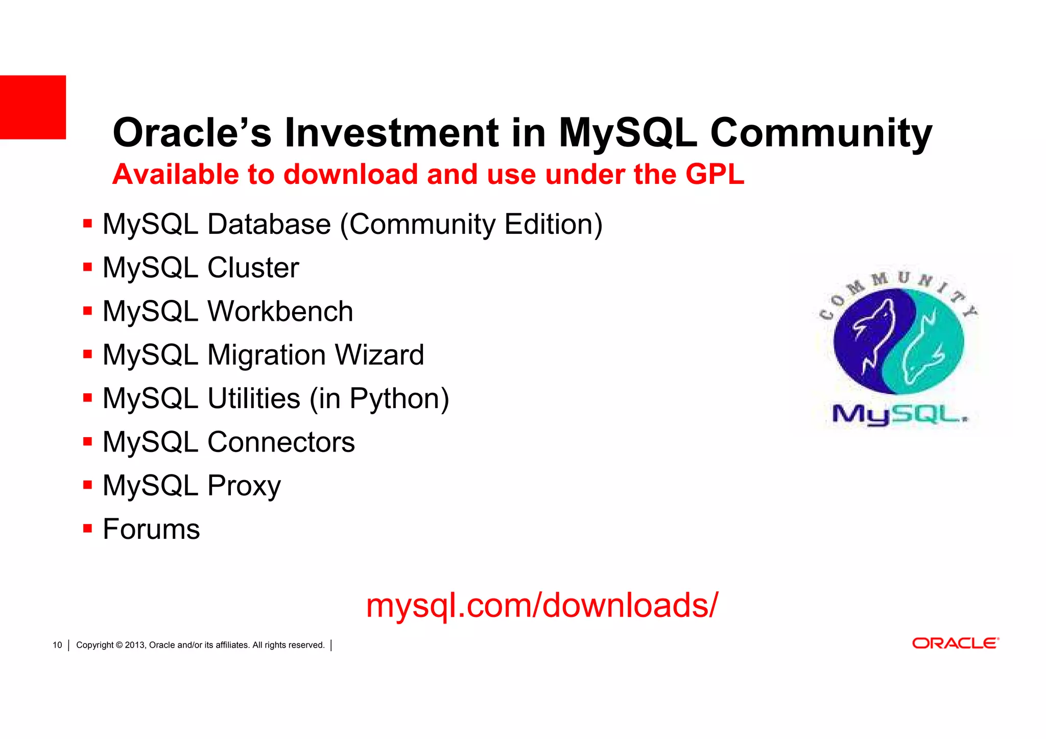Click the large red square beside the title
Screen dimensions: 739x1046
[x=33, y=107]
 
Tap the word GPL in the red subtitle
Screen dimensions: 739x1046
[x=715, y=174]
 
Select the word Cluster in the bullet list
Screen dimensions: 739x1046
[x=253, y=268]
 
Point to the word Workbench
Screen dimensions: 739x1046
[x=280, y=312]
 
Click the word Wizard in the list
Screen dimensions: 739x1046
[x=379, y=355]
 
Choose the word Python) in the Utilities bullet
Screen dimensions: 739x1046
[x=399, y=399]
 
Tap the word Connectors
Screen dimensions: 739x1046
[x=280, y=442]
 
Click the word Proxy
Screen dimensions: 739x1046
[x=244, y=486]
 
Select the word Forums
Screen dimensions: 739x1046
[x=151, y=529]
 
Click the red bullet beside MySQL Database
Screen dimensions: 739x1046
[x=87, y=223]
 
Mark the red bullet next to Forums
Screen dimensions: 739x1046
[x=87, y=528]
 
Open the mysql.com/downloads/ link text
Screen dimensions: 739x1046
[x=542, y=606]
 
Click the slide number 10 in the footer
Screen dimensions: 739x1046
[x=57, y=645]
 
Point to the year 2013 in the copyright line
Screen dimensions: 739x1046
[x=135, y=645]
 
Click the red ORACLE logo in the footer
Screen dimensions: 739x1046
[x=955, y=643]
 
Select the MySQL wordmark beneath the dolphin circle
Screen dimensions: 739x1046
[x=899, y=415]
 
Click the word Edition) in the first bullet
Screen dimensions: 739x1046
[x=553, y=225]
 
